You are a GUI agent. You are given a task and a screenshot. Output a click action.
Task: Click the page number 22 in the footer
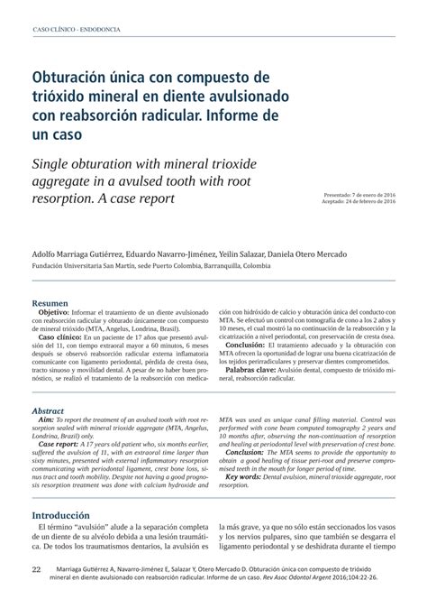(36, 570)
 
